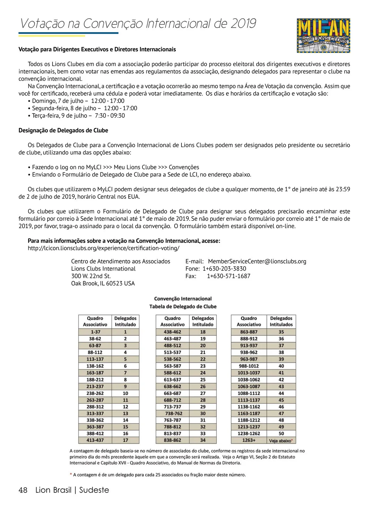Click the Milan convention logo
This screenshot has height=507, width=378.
click(323, 36)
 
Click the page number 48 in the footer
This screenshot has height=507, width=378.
click(23, 490)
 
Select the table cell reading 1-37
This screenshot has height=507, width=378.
click(95, 332)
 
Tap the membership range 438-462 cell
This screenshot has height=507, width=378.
click(172, 332)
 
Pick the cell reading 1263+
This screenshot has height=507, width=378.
click(249, 440)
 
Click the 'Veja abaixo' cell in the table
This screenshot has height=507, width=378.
click(281, 441)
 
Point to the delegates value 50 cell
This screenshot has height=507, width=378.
click(281, 433)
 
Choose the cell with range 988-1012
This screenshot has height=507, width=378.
click(249, 366)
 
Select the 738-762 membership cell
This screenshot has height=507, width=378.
click(174, 414)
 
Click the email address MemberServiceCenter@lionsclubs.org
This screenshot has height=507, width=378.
click(257, 261)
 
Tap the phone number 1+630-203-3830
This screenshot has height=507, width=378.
click(224, 268)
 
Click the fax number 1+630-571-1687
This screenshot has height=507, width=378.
click(228, 276)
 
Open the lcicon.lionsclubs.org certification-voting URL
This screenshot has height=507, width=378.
click(104, 248)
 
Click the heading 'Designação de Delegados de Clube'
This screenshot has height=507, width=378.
click(63, 130)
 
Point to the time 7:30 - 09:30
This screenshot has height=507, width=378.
click(110, 115)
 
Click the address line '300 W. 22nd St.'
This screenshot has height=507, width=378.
click(91, 276)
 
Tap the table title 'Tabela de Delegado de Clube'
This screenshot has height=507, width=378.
click(183, 307)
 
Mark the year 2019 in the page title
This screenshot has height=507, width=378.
click(243, 24)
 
